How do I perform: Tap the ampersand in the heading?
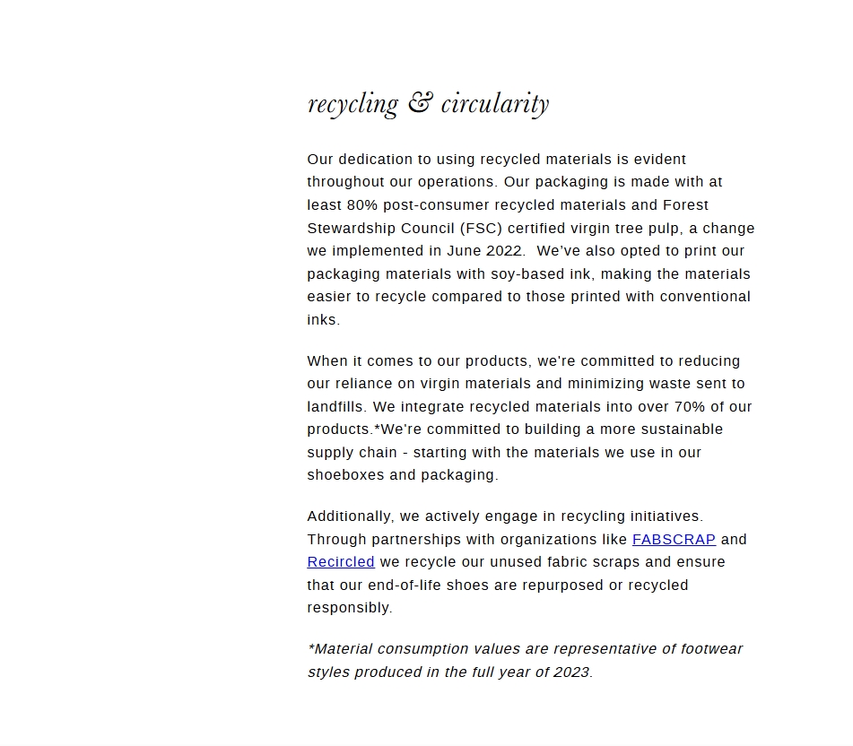(420, 103)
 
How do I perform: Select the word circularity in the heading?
(494, 103)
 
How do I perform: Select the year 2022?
(505, 251)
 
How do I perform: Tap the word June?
(464, 251)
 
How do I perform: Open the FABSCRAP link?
(674, 540)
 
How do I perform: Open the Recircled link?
(341, 562)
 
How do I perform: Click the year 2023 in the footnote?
(572, 672)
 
